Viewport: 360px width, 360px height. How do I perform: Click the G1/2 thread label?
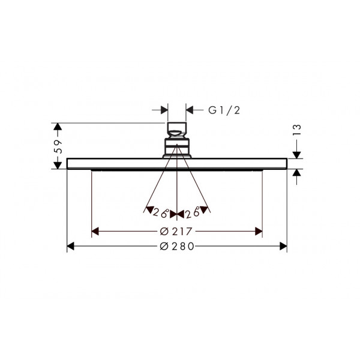224,110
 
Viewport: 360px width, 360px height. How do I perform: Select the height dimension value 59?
58,146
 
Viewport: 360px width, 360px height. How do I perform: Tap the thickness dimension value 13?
297,130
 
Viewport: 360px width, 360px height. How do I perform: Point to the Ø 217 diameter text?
176,232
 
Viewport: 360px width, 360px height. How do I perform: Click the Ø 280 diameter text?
177,247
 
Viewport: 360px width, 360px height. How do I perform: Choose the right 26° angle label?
193,213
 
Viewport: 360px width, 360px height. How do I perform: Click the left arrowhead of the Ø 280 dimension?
70,247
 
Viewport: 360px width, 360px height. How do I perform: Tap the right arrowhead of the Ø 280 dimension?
283,247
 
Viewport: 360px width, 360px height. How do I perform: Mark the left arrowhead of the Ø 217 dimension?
95,232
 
